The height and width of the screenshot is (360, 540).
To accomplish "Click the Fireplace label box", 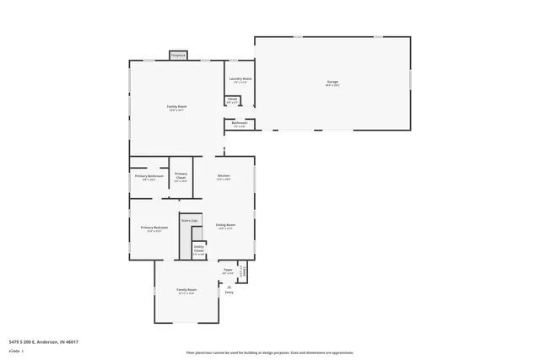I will point(178,56).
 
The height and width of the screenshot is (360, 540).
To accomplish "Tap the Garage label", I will point(333,83).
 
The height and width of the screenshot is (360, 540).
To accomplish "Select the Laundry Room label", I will point(240,80).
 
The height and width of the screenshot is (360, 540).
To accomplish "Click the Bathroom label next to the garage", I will point(240,126).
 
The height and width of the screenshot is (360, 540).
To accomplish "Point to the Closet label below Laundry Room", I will point(232,100).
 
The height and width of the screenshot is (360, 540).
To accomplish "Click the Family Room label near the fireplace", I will point(176,108).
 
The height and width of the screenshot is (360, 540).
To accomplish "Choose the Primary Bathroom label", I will point(148,177).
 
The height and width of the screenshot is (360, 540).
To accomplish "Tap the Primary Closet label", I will point(181,177).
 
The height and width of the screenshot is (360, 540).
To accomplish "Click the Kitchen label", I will point(224,177).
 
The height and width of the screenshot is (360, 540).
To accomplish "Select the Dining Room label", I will point(225,226).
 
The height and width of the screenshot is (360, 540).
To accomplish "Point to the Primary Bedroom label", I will point(154,228).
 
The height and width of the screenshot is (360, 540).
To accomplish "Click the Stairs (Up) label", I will point(190,220).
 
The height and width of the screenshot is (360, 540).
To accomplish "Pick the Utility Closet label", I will point(199,250).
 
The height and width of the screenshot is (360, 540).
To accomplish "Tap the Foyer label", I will point(228,271).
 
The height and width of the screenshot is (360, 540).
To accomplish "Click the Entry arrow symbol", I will point(229,286).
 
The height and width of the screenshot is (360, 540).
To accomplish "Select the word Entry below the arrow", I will point(229,293).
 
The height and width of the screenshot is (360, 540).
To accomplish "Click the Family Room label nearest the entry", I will point(186,292).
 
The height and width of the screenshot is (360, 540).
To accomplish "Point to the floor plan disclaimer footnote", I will point(270,353).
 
